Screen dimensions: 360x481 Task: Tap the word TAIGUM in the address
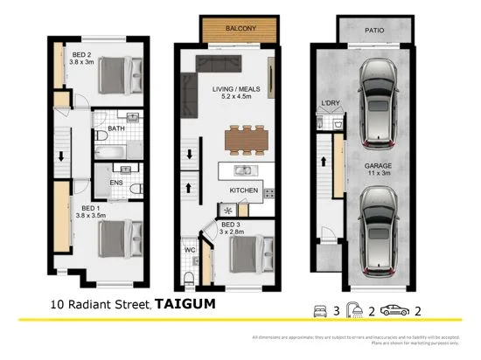pos(185,305)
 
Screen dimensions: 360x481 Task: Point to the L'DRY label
pos(331,104)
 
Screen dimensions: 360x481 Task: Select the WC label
pos(189,250)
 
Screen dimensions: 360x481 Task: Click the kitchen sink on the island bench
pos(241,170)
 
